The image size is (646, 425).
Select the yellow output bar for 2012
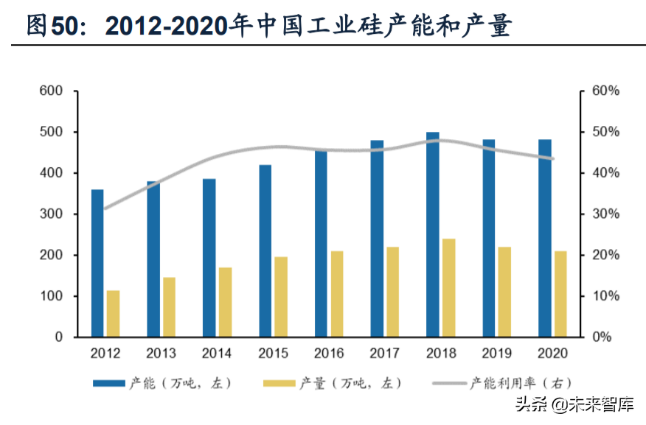[x=113, y=313]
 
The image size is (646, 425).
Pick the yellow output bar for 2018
[x=448, y=287]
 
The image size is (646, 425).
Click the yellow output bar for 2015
[x=281, y=296]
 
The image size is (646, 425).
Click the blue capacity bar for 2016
[x=321, y=243]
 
